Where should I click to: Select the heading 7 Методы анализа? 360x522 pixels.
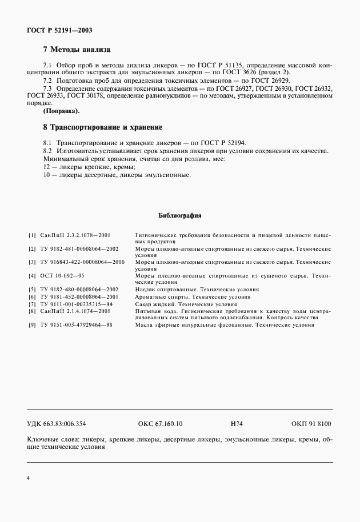coord(77,50)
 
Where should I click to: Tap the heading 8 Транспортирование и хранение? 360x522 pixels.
coord(103,126)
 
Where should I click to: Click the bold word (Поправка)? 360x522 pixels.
coord(62,110)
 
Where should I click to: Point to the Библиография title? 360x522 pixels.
coord(179,216)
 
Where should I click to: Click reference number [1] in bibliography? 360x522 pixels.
coord(31,235)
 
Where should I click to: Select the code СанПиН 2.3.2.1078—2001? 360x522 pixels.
coord(75,235)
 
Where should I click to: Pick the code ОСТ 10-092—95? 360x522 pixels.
coord(63,276)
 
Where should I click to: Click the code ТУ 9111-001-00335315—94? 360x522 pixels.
coord(76,304)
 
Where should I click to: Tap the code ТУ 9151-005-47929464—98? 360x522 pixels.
coord(76,325)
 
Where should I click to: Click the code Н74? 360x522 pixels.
coord(237,424)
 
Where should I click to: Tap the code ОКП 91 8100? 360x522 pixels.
coord(311,424)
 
